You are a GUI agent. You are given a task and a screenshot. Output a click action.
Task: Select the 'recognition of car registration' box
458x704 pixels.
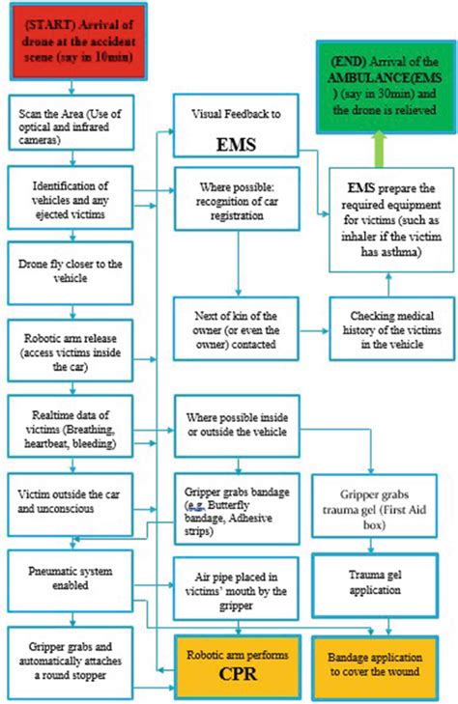(237, 201)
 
